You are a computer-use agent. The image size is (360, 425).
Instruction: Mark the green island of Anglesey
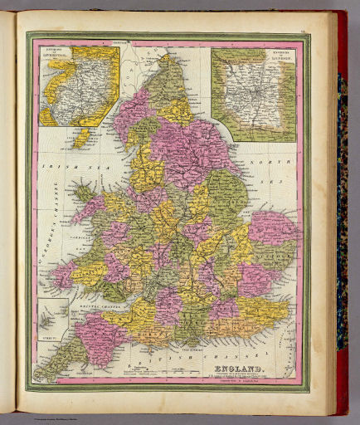(85, 194)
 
